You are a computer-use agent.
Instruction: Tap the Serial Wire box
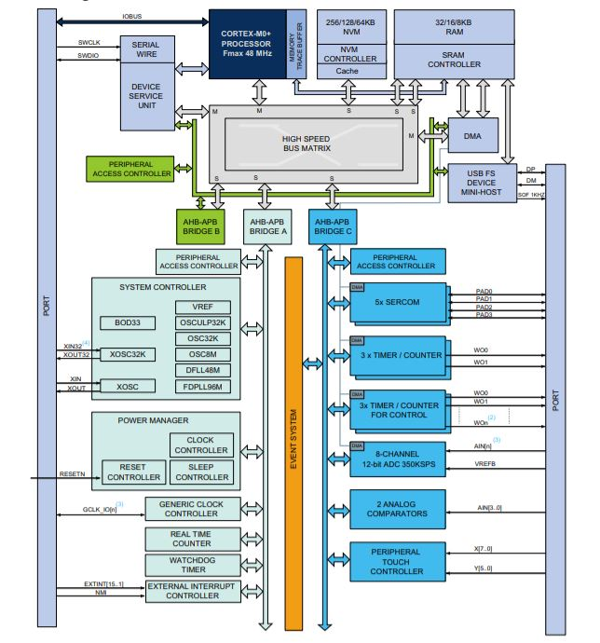click(145, 50)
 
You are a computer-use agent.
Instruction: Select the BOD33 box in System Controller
click(128, 322)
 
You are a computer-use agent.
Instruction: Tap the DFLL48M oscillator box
click(202, 369)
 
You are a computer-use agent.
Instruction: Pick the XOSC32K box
click(129, 354)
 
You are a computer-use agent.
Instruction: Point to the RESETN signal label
click(72, 474)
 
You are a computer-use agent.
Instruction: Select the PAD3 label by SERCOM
click(484, 315)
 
